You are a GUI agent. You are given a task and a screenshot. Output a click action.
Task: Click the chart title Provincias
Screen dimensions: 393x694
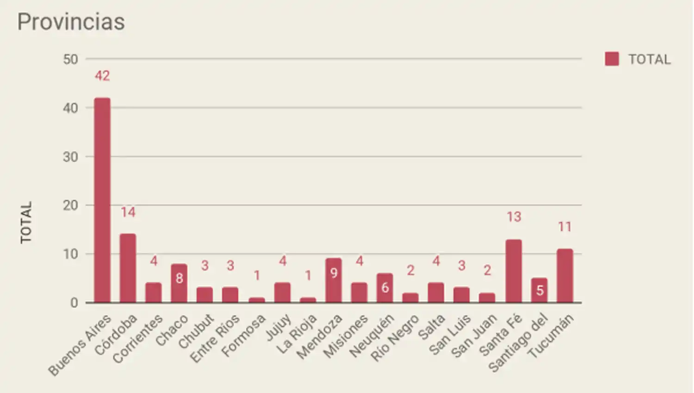(x=71, y=22)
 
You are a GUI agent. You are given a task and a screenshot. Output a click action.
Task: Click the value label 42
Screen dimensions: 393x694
(x=102, y=76)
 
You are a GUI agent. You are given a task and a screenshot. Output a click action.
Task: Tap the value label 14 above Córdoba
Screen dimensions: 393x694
(x=128, y=212)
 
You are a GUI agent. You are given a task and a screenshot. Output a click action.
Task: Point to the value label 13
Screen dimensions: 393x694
(x=514, y=217)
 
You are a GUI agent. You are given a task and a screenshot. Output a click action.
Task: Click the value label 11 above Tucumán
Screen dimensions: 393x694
(x=564, y=227)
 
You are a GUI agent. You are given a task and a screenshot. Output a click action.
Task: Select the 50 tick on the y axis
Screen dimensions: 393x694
(x=70, y=59)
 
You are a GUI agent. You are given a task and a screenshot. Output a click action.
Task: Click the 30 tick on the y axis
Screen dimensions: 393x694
(x=70, y=157)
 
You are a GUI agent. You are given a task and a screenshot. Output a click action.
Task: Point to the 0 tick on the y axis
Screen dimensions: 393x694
(x=74, y=303)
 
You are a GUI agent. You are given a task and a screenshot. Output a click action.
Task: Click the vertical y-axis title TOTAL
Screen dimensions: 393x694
(x=26, y=222)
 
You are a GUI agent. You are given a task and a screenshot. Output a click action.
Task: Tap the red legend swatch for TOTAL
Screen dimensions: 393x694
(x=612, y=59)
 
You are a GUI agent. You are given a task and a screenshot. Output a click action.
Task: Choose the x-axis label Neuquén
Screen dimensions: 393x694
(x=372, y=336)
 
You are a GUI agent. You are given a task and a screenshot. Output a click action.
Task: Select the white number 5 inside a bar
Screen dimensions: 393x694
(x=539, y=290)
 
